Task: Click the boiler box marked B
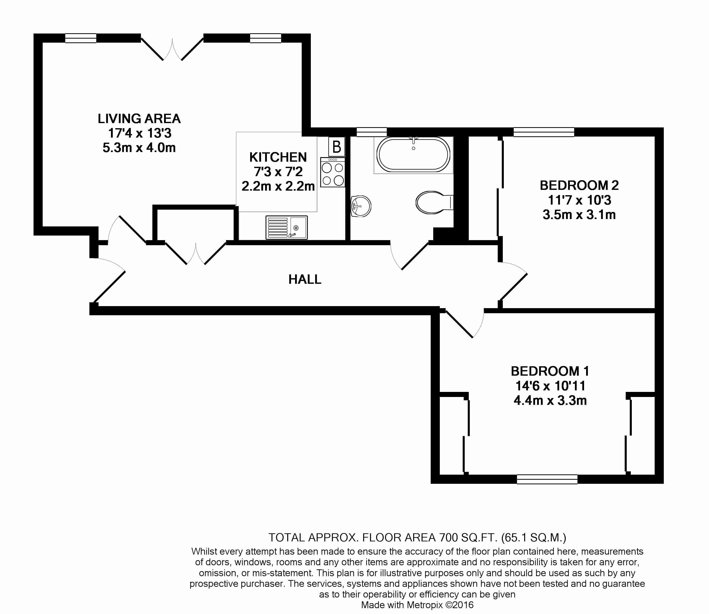coord(337,147)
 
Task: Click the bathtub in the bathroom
coord(413,155)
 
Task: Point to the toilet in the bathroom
coord(434,203)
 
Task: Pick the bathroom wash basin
coord(361,206)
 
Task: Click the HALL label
coord(305,280)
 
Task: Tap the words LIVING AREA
coord(139,119)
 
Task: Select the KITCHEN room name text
coord(278,157)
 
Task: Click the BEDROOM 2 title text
coord(579,185)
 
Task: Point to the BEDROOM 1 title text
coord(550,371)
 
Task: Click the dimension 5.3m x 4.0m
coord(139,148)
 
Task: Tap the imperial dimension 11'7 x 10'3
coord(579,200)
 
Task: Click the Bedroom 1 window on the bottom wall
coord(547,479)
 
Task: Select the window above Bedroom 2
coord(544,132)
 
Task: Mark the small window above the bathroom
coord(372,132)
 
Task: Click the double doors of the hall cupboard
coord(196,253)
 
